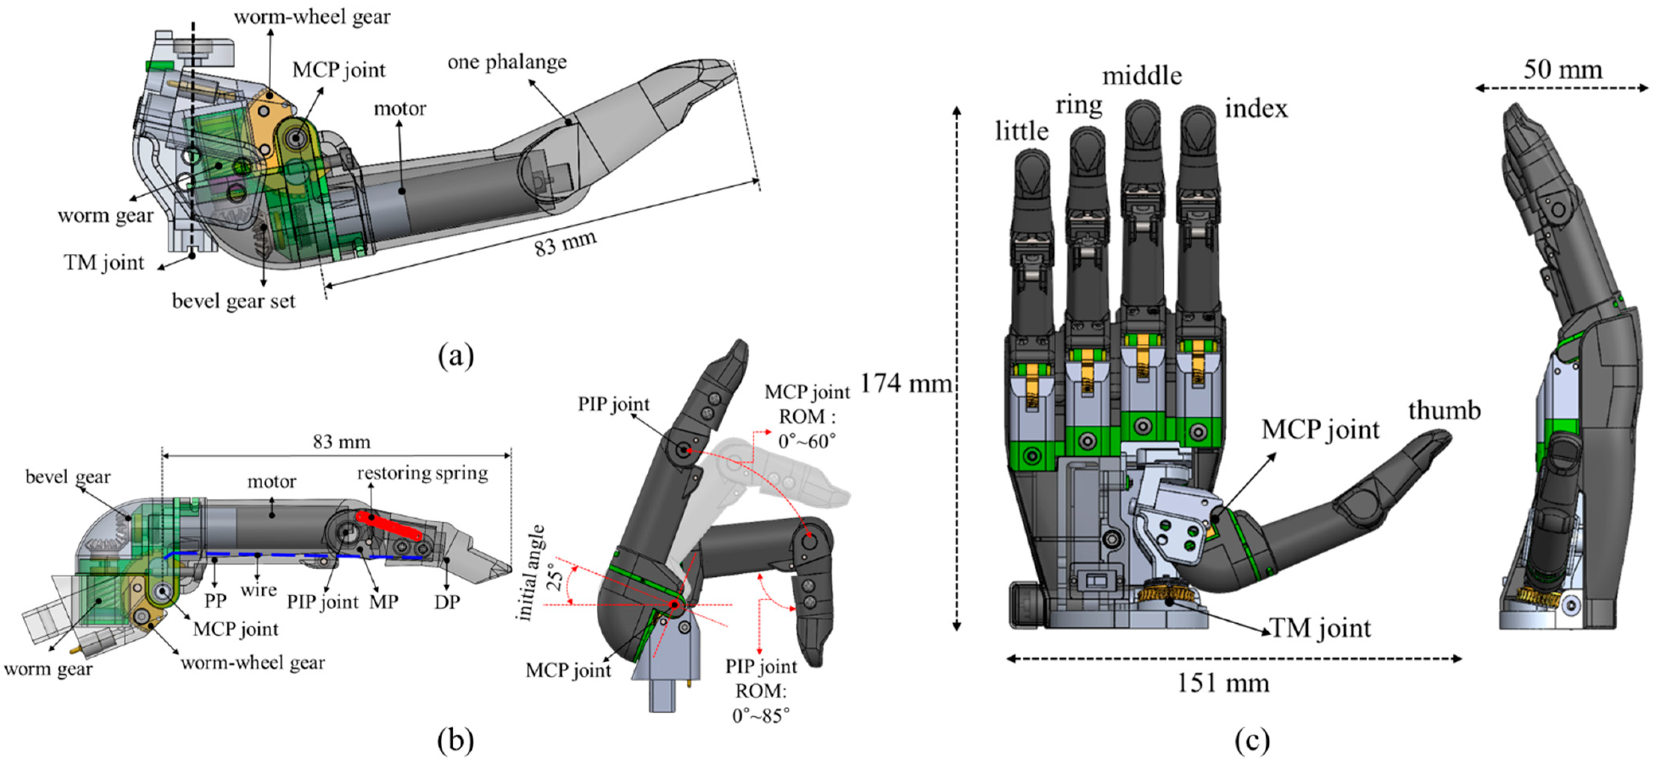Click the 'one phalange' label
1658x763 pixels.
(507, 62)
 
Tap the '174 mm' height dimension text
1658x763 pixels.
(906, 383)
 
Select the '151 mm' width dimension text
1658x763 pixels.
(1223, 683)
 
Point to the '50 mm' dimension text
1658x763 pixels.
(1563, 70)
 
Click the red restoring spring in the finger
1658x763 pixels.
(389, 526)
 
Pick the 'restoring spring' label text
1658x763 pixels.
(422, 473)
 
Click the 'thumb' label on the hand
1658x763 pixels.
(1444, 410)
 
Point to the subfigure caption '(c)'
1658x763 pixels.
(1252, 740)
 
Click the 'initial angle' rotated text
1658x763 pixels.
(532, 572)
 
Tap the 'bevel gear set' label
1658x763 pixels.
(234, 301)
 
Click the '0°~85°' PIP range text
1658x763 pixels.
(761, 715)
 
